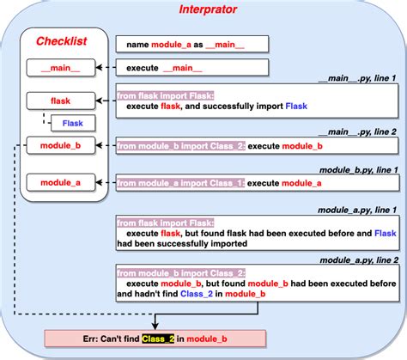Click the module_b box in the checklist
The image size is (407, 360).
[60, 145]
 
